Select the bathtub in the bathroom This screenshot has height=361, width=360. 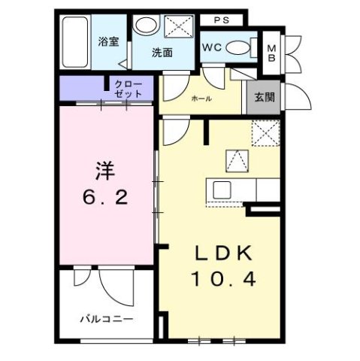point(74,43)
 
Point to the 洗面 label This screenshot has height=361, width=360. point(162,53)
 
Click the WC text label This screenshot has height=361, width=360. point(211,47)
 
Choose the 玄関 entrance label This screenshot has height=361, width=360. point(264,96)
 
